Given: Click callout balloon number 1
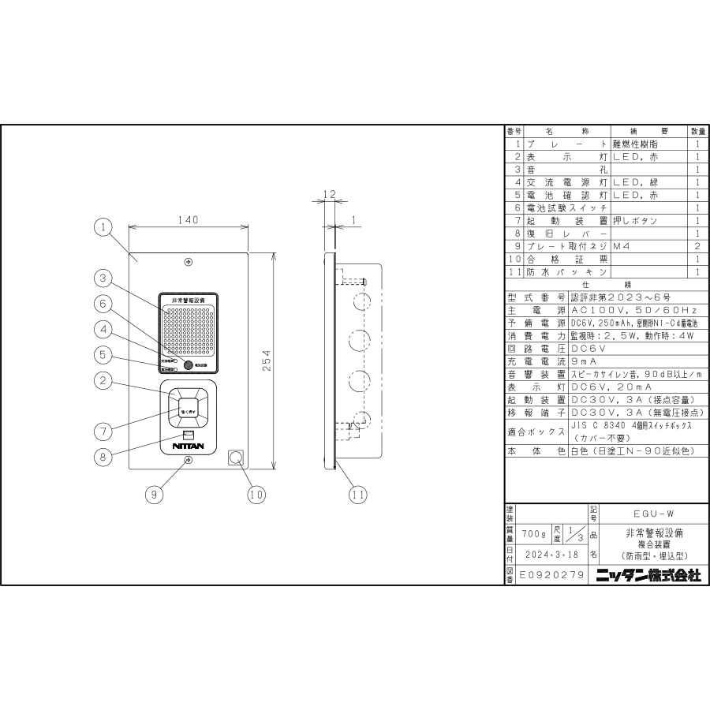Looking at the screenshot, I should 102,227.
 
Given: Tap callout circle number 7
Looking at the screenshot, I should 102,431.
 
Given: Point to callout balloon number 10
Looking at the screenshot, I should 254,495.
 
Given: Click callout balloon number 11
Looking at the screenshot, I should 358,495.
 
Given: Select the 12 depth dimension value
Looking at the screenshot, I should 330,194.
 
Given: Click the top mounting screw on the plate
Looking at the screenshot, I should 189,262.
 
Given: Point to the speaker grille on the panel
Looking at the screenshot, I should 189,331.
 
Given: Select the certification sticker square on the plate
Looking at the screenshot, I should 234,457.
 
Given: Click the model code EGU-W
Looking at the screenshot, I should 648,512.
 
